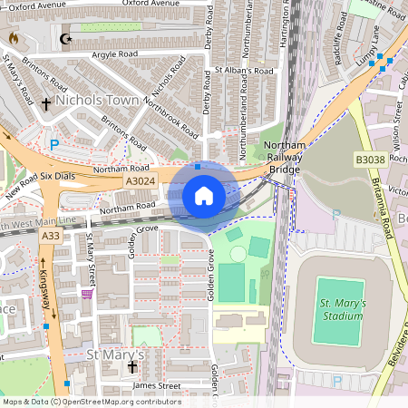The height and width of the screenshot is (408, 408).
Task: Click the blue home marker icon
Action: [204, 195]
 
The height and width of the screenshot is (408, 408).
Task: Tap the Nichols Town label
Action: [98, 101]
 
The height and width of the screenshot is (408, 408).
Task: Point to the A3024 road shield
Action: [141, 182]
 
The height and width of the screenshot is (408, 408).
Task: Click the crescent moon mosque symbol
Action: [64, 39]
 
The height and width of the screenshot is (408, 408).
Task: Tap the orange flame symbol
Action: [13, 38]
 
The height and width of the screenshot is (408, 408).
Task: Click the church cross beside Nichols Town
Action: [45, 104]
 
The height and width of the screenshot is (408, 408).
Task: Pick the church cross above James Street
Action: [132, 367]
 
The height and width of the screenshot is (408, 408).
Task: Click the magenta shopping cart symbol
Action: [87, 294]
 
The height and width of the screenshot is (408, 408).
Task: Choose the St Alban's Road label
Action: [243, 71]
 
